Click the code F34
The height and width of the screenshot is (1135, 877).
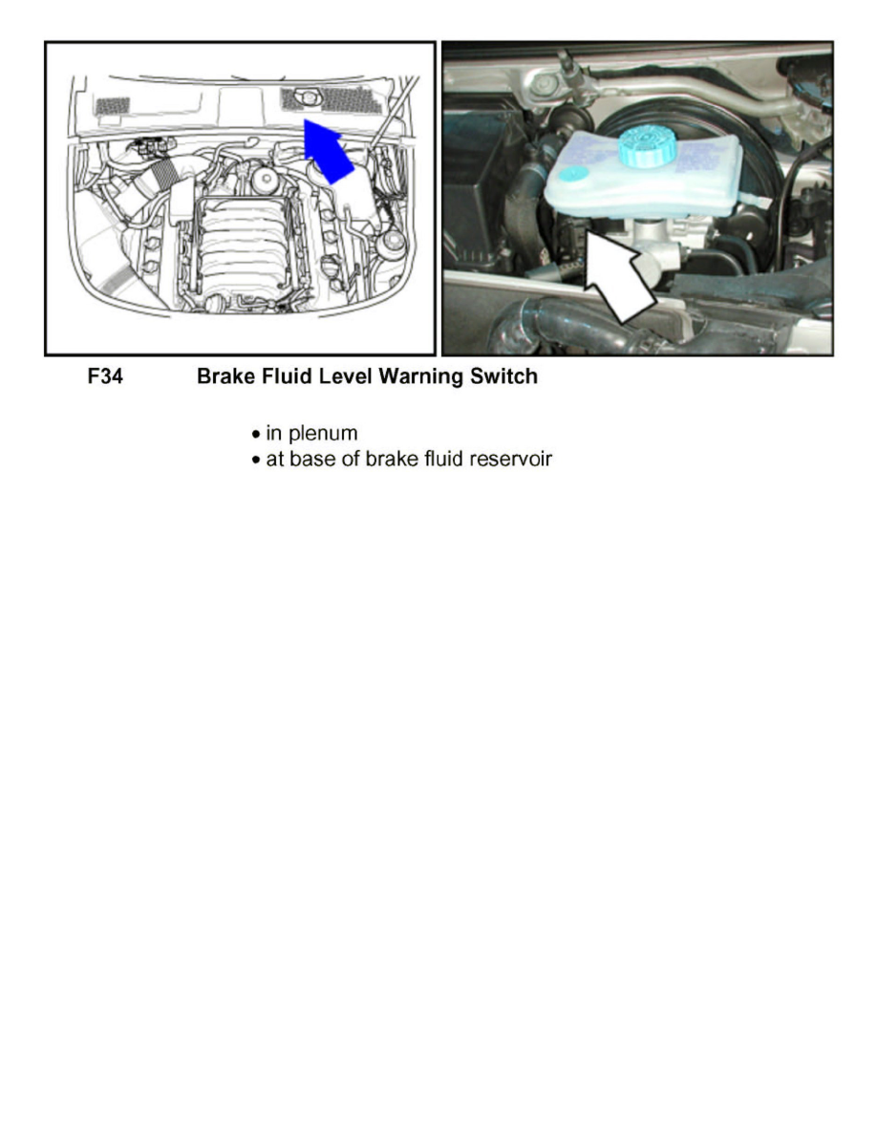tap(105, 377)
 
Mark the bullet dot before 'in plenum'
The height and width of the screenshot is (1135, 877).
tap(254, 435)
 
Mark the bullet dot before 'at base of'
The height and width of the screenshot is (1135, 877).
tap(254, 460)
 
